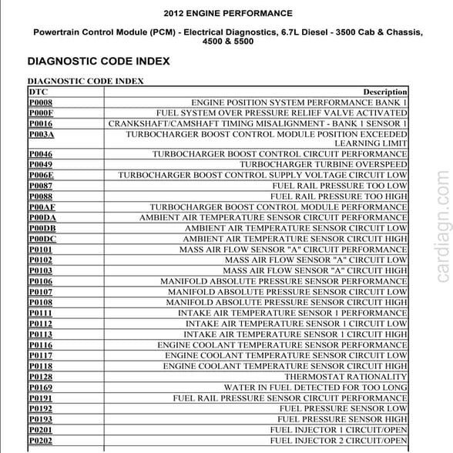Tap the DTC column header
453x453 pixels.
click(x=38, y=91)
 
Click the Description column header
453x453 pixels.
click(x=384, y=91)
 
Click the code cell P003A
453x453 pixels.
click(x=42, y=134)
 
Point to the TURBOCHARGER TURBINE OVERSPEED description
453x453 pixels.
click(x=323, y=165)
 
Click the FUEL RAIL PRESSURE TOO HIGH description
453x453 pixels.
click(x=338, y=196)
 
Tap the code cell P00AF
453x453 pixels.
click(x=42, y=207)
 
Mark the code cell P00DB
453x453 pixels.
click(x=42, y=229)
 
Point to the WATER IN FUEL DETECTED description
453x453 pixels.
click(x=315, y=388)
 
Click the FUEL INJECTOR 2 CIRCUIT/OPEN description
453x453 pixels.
click(x=338, y=440)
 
